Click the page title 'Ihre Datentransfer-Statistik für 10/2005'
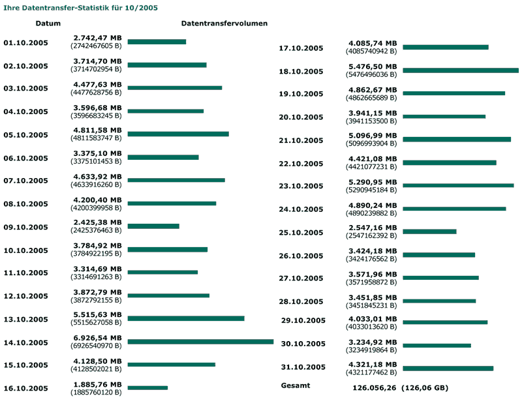[81, 8]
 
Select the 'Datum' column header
[48, 23]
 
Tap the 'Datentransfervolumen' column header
[224, 23]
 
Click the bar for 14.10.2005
[200, 341]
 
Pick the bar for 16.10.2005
[147, 388]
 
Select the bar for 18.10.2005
[461, 70]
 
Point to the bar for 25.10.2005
[429, 232]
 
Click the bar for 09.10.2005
[153, 226]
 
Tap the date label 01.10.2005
[25, 43]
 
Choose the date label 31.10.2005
[303, 367]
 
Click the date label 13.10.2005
[25, 320]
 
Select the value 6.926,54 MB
[97, 338]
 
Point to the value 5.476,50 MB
[373, 67]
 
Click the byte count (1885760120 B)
[96, 393]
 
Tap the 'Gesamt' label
[296, 385]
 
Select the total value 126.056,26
[374, 387]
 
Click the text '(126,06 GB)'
[425, 387]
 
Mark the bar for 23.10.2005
[458, 185]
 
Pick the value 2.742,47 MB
[97, 38]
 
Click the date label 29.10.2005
[303, 320]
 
